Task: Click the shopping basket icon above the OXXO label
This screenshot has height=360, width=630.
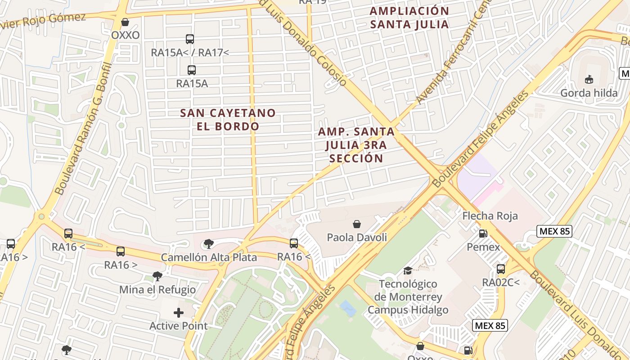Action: point(125,22)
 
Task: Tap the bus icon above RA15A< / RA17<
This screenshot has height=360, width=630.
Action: point(190,39)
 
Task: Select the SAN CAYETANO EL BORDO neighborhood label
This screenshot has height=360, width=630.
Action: point(228,119)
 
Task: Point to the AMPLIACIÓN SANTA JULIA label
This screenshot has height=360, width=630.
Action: point(409,18)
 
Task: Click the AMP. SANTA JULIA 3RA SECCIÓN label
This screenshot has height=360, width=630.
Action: point(356,145)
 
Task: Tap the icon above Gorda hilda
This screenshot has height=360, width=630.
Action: point(589,80)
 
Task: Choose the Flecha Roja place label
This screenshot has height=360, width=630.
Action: point(490,216)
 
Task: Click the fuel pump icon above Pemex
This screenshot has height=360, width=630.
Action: point(483,233)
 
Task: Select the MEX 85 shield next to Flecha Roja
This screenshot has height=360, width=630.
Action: point(554,232)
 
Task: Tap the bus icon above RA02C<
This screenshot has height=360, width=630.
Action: point(501,269)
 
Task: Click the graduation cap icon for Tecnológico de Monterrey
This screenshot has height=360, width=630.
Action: point(408,270)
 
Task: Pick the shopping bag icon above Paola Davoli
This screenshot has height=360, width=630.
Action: point(357,224)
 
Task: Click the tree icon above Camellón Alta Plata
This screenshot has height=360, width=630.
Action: point(208,244)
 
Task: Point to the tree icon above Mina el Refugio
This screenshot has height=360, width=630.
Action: point(157,276)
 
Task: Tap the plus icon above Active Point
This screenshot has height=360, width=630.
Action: point(179,312)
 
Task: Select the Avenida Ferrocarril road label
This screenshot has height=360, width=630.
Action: point(445,58)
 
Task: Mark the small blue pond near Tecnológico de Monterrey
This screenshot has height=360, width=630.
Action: point(348,309)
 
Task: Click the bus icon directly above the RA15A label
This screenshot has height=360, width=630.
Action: point(192,70)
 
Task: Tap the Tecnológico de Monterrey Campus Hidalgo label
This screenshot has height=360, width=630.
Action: point(408,297)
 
